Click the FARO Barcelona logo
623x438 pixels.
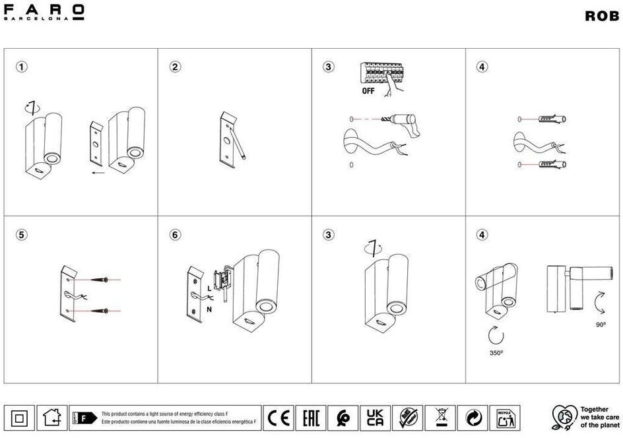tap(45, 13)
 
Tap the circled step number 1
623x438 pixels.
tap(22, 67)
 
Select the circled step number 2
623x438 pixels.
tap(175, 67)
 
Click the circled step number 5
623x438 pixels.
tap(22, 234)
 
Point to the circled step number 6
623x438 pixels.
tap(175, 234)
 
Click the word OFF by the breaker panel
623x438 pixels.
tap(368, 91)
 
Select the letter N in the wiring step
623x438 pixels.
tap(209, 308)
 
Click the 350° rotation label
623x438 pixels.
tap(496, 354)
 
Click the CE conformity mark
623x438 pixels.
tap(279, 418)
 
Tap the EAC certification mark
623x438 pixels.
tap(311, 418)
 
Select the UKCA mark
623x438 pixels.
tap(375, 418)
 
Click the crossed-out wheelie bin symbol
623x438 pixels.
tap(440, 418)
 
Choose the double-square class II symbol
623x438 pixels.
tap(19, 418)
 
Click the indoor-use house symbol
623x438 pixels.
tap(51, 418)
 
